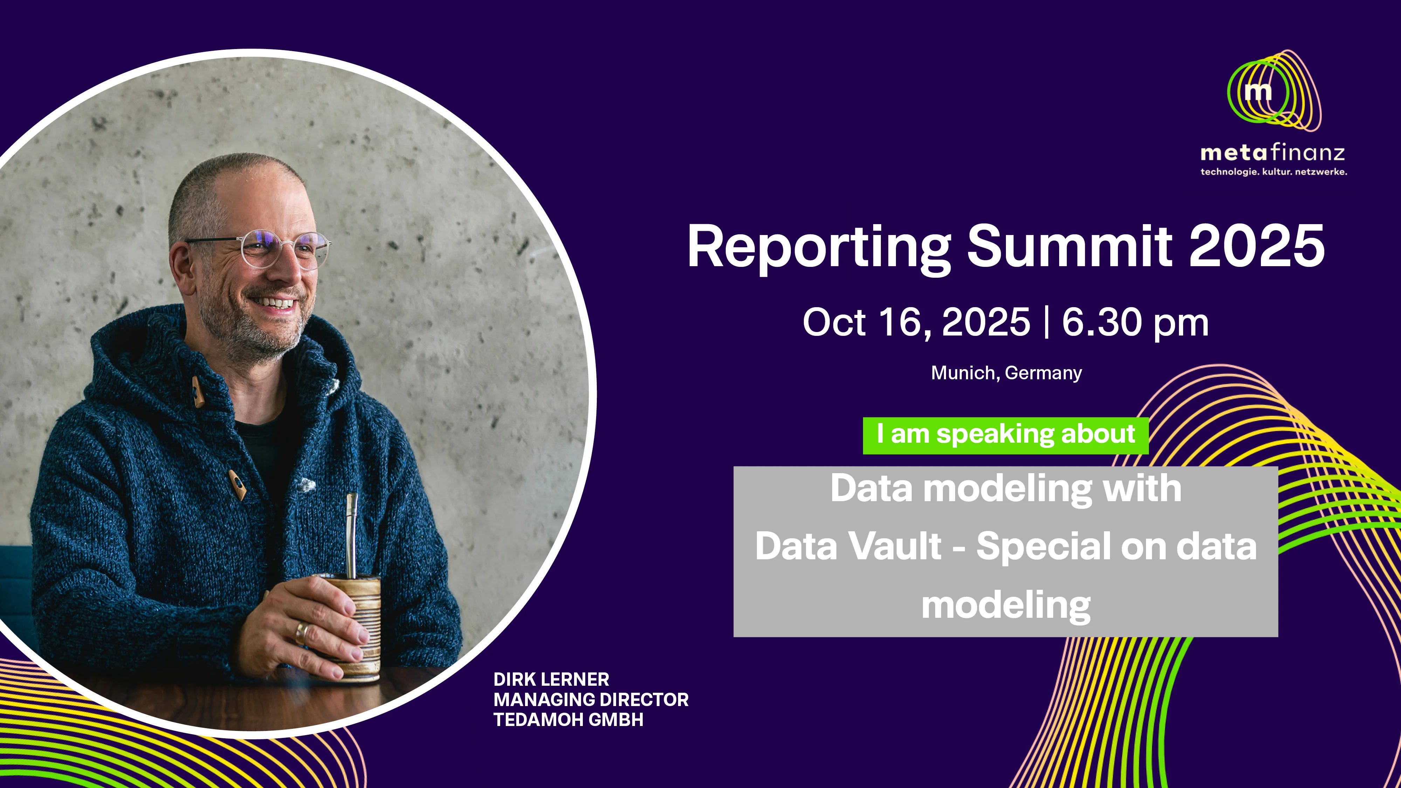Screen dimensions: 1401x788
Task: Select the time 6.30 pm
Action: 1135,323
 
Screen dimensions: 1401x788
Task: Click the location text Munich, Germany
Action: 1006,373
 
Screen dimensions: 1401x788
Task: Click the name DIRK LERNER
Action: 551,679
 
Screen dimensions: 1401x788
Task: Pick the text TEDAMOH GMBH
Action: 568,719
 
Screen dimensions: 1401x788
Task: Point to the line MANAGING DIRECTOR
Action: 591,699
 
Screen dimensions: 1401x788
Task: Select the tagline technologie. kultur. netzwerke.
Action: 1274,172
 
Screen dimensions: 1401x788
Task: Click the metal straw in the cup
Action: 351,536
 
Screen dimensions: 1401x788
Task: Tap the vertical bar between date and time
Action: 1047,323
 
